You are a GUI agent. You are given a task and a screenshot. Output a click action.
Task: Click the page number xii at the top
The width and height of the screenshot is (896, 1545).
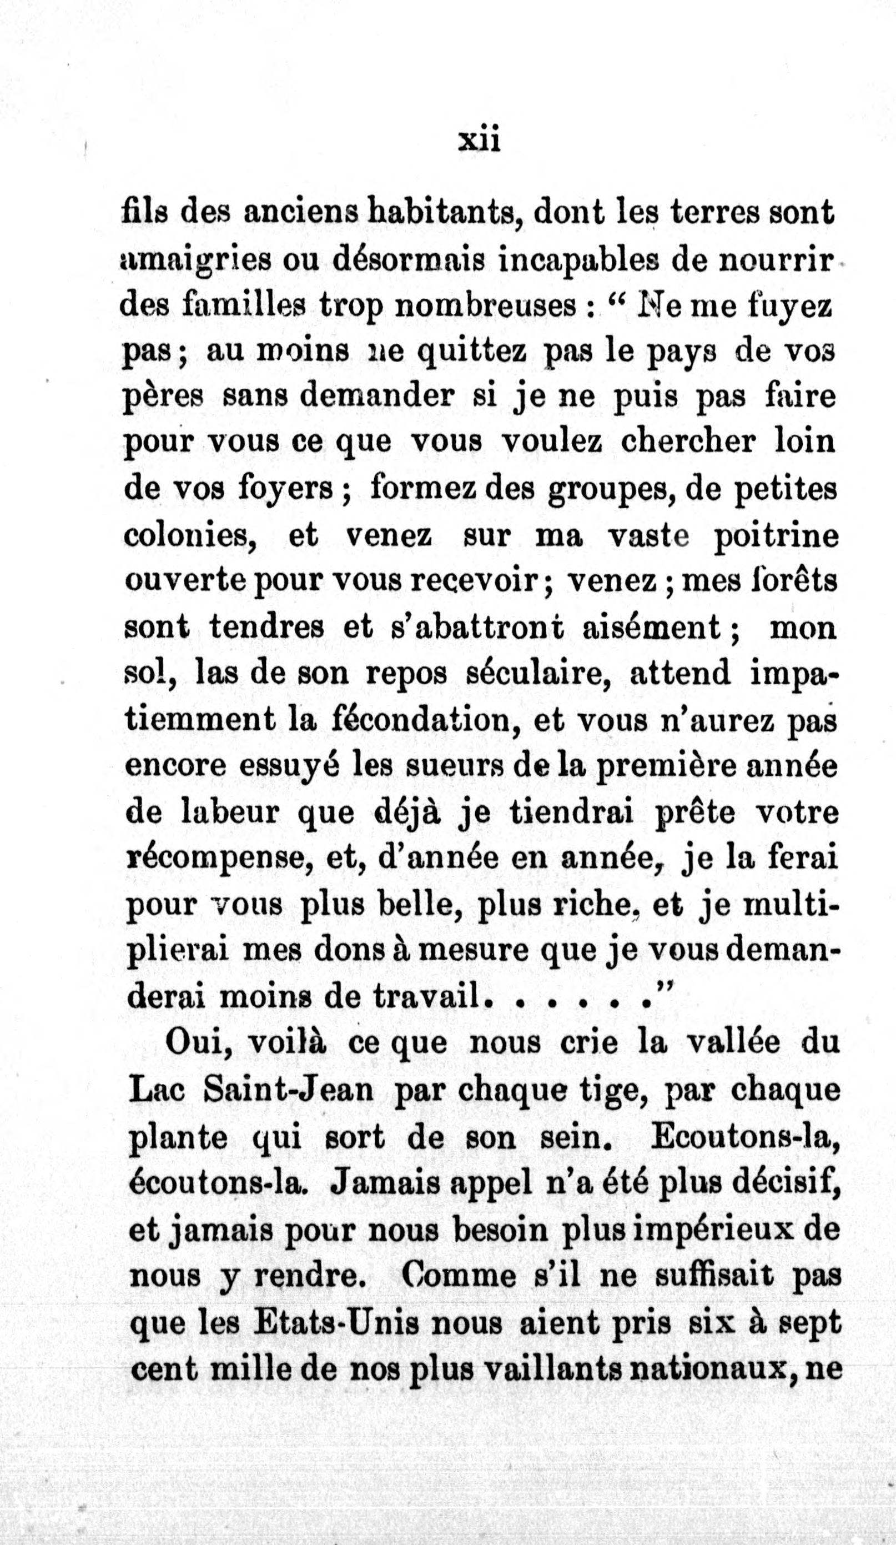pyautogui.click(x=480, y=142)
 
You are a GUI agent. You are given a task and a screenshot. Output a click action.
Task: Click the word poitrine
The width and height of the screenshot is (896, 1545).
pyautogui.click(x=776, y=536)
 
